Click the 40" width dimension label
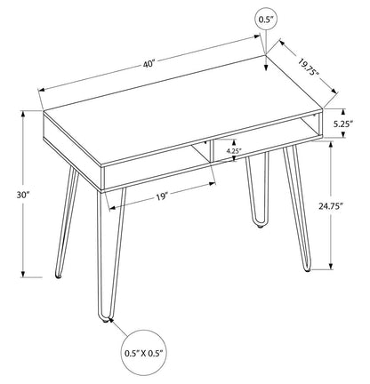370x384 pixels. pos(149,63)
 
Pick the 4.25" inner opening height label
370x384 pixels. pos(232,151)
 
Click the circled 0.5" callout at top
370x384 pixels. pos(265,19)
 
